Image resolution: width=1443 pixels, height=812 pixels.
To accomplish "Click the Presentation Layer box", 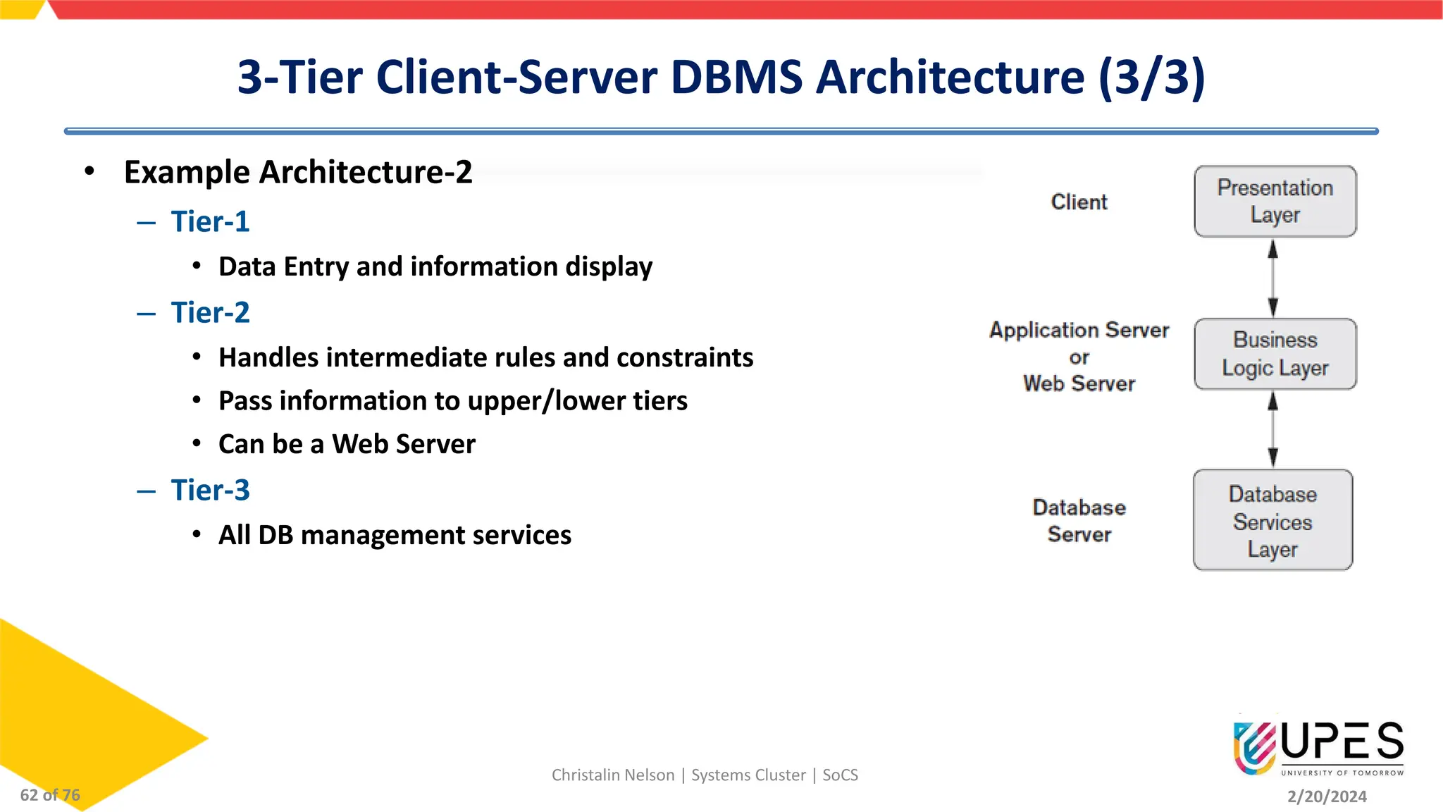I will coord(1275,202).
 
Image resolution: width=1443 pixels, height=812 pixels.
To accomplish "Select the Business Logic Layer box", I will coord(1275,354).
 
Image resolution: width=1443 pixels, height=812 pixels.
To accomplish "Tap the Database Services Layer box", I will coord(1272,520).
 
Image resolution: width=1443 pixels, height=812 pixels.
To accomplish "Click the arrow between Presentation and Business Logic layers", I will coord(1272,278).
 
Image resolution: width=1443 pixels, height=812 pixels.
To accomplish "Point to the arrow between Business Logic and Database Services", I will coord(1272,429).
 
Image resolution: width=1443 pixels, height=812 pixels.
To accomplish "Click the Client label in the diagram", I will coord(1079,202).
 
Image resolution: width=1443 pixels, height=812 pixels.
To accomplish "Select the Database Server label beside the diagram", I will coord(1079,520).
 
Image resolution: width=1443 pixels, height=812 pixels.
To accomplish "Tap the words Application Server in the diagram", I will coord(1079,330).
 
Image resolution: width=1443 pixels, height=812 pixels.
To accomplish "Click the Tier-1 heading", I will coord(210,221).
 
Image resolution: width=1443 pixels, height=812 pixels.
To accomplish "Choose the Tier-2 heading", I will coord(210,312).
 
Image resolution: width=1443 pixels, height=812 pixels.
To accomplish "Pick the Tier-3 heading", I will coord(210,490).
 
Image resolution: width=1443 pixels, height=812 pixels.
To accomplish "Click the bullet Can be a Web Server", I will coord(347,444).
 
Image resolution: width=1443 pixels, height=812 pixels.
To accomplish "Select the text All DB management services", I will coord(395,535).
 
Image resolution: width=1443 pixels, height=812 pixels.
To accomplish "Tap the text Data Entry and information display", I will coord(435,266).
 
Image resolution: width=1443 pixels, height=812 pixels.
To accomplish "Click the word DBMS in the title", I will coord(736,77).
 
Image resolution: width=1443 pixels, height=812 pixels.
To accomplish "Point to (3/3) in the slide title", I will coord(1151,77).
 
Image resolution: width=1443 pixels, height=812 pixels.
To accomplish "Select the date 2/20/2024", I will coord(1327,796).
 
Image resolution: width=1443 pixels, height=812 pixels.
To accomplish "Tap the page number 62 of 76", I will coord(50,795).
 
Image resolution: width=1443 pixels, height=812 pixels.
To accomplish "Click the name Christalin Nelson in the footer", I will coord(612,775).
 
